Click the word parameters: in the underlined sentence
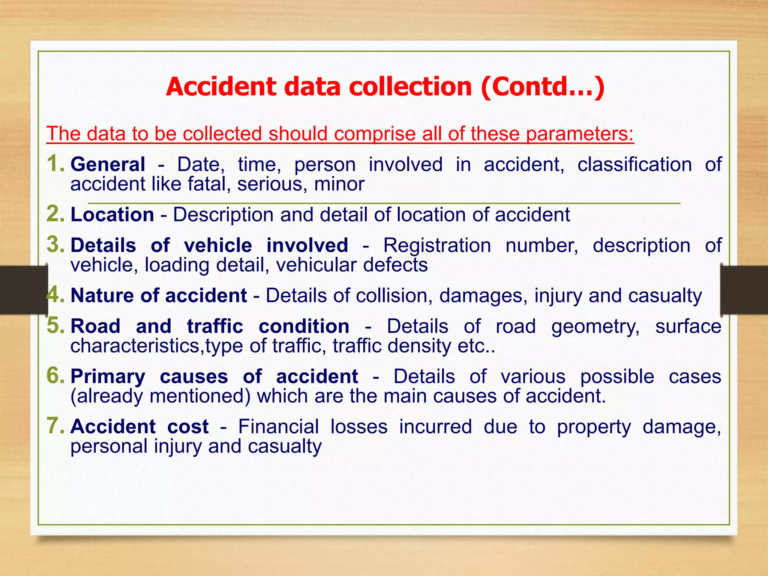point(579,134)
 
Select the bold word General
point(108,165)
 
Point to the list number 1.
point(55,164)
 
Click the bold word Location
point(112,215)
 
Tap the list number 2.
point(55,214)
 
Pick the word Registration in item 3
point(437,246)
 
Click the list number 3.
point(55,244)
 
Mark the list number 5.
point(55,325)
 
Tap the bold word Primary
point(108,377)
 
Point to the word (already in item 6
point(107,396)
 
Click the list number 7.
point(55,426)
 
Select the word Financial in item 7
point(279,427)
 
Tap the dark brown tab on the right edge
point(744,289)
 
